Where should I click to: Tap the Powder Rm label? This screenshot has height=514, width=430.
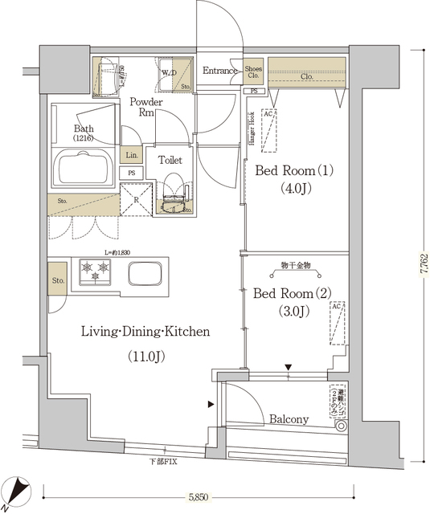(146, 108)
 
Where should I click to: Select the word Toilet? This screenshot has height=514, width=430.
(170, 160)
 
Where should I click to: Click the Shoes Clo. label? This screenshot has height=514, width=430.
(253, 72)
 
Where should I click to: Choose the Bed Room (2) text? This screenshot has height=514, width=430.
(288, 293)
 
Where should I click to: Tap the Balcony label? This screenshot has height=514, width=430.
(289, 419)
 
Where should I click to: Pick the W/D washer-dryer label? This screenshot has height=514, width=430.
(170, 73)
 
